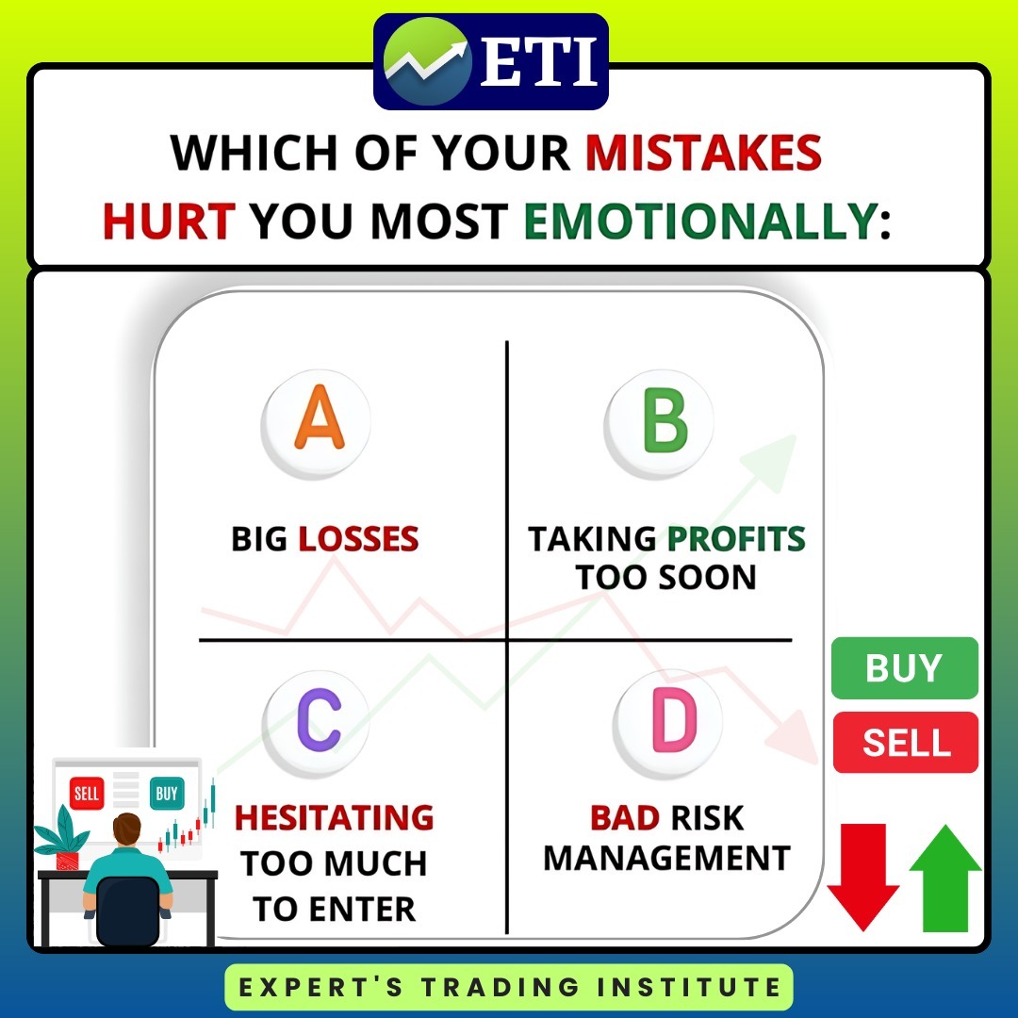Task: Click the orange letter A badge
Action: (x=316, y=424)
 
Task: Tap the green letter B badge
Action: (x=659, y=423)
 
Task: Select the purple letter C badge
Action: (x=316, y=724)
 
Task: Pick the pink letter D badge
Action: (x=668, y=723)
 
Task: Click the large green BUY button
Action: (x=904, y=668)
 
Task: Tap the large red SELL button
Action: (x=906, y=742)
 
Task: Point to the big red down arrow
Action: (x=862, y=877)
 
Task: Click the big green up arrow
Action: (x=945, y=878)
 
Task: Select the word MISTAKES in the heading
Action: (x=704, y=154)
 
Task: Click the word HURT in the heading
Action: (x=169, y=221)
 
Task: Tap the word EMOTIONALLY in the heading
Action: (x=701, y=221)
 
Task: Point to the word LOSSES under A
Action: (x=358, y=539)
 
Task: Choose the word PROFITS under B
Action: (x=736, y=539)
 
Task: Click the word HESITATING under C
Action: (x=335, y=817)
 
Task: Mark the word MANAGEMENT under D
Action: (x=666, y=859)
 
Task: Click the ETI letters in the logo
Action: (x=538, y=61)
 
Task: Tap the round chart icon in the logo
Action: (x=427, y=61)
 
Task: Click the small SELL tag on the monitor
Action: (x=87, y=793)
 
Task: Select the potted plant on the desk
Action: (x=62, y=838)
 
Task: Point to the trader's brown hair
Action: (x=126, y=828)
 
